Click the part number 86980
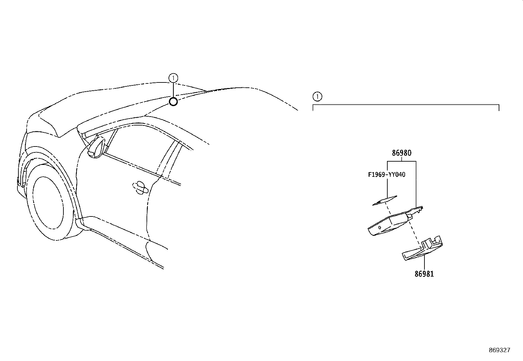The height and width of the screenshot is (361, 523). [x=401, y=153]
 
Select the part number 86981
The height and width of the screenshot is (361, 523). [x=424, y=274]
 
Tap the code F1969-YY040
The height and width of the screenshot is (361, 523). [x=387, y=175]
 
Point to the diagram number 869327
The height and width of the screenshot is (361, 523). [x=500, y=350]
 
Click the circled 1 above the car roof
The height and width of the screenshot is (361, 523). [x=173, y=78]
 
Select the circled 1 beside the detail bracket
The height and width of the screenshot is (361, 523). [x=317, y=97]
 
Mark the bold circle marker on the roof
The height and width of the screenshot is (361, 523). [x=173, y=102]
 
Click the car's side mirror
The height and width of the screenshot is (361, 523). [x=96, y=147]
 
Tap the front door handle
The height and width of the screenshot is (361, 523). [x=140, y=188]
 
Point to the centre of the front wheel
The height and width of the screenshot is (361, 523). [x=48, y=203]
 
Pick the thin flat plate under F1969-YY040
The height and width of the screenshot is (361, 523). [x=385, y=201]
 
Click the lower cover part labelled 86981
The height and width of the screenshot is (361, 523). [x=422, y=249]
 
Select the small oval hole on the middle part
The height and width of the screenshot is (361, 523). [x=380, y=227]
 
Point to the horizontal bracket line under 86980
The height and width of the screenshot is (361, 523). [x=401, y=161]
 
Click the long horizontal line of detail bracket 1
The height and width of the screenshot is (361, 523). [x=406, y=104]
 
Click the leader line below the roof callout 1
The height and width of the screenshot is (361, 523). [x=173, y=90]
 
